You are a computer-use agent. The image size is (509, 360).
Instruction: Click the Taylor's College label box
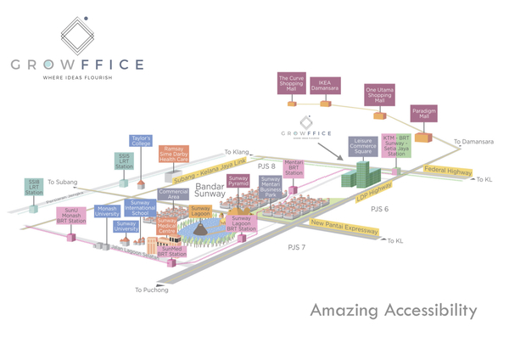click(x=140, y=141)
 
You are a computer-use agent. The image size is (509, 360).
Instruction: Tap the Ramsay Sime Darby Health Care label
click(x=174, y=154)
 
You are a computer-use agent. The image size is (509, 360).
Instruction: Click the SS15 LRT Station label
click(x=123, y=160)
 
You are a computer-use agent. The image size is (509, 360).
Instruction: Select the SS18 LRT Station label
click(x=34, y=187)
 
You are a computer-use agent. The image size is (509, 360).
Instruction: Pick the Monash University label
click(x=108, y=211)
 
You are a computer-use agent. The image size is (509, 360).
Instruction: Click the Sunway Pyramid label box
click(x=238, y=183)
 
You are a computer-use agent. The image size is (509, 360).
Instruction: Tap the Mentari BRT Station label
click(x=294, y=166)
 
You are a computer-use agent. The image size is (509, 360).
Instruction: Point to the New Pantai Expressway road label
click(x=344, y=226)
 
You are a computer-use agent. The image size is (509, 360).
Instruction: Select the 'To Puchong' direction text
click(x=151, y=290)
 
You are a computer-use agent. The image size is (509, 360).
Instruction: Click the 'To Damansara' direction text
click(x=473, y=142)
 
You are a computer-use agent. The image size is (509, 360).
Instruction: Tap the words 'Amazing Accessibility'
click(x=393, y=311)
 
